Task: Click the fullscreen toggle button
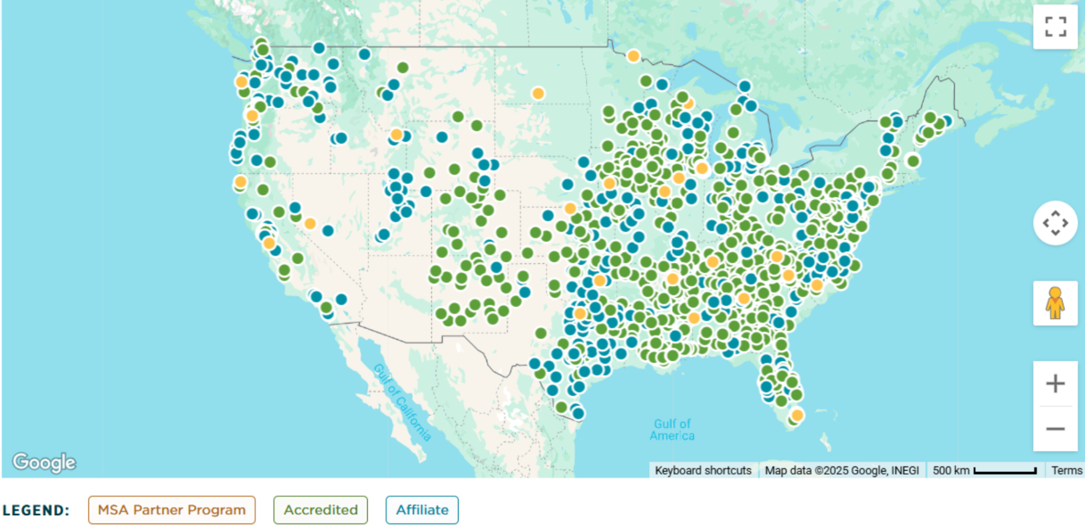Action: point(1055,27)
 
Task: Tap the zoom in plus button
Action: point(1055,384)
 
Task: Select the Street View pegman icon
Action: point(1055,303)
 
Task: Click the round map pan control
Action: point(1055,223)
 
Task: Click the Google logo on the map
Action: point(44,462)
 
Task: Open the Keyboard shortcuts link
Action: point(703,471)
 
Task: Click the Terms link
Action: point(1066,471)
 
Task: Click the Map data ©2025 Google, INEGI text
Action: point(841,471)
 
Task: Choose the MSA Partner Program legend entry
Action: point(172,510)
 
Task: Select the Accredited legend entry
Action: point(321,510)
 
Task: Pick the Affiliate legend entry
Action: point(422,510)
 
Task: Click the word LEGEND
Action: point(36,510)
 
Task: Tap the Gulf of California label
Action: point(402,402)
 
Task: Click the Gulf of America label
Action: point(672,429)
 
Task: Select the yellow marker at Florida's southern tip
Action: point(797,415)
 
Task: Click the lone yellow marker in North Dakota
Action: point(538,93)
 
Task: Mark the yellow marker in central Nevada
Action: point(310,224)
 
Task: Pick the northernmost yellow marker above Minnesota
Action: point(633,56)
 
